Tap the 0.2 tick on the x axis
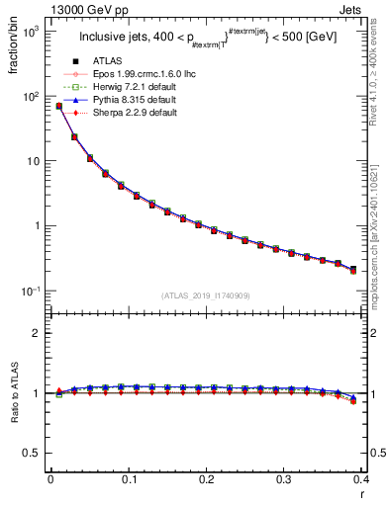click(x=206, y=479)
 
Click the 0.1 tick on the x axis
click(x=128, y=479)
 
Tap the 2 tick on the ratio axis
click(x=36, y=333)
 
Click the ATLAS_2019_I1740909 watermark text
click(x=204, y=295)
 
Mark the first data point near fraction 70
click(x=58, y=106)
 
